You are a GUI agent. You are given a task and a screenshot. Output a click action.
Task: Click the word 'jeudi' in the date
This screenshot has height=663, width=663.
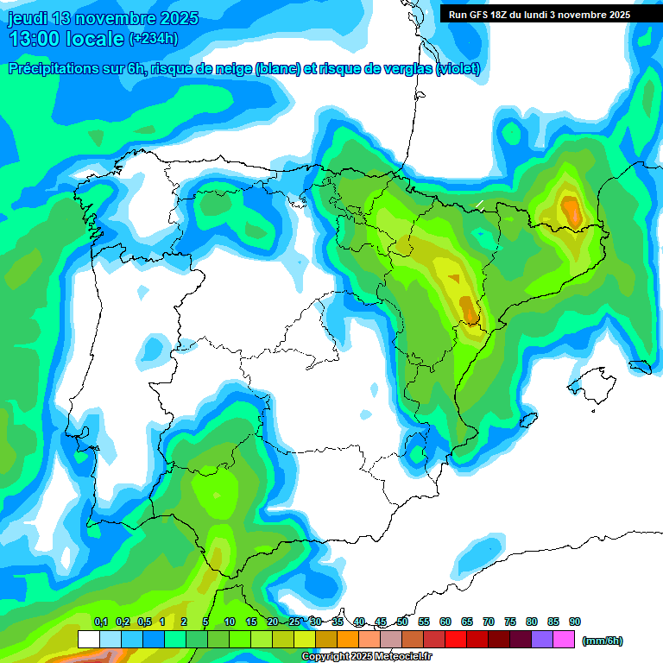click(x=28, y=18)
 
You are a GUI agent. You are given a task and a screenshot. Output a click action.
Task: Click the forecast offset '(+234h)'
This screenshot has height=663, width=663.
click(x=153, y=39)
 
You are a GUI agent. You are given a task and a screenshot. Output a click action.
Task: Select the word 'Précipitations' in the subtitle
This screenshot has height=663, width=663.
click(x=53, y=69)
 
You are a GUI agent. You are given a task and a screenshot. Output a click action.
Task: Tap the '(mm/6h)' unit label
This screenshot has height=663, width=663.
click(x=602, y=641)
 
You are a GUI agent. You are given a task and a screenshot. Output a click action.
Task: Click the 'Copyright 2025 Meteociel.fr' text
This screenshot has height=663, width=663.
click(x=367, y=657)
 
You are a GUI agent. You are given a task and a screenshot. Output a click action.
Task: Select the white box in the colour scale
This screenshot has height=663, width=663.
click(x=88, y=640)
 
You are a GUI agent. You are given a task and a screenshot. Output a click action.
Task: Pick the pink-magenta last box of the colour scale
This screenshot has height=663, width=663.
click(x=564, y=640)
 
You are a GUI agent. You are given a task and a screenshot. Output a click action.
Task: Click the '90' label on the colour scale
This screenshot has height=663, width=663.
click(x=575, y=622)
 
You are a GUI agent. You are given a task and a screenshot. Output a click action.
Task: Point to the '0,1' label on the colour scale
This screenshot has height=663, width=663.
click(x=100, y=622)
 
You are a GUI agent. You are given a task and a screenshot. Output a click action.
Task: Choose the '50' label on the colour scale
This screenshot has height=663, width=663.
click(x=402, y=622)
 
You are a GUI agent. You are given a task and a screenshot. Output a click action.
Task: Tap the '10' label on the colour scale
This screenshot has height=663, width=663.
click(x=230, y=622)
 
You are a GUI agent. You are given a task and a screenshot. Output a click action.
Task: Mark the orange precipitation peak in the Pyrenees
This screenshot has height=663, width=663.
click(x=571, y=209)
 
